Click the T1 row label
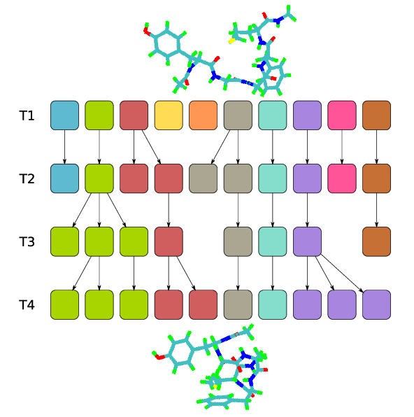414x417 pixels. click(x=27, y=115)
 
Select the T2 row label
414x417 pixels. click(x=27, y=178)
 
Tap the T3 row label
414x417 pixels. click(x=27, y=242)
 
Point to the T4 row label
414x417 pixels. click(x=27, y=305)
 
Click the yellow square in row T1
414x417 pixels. click(x=169, y=115)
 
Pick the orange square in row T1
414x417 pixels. click(x=203, y=115)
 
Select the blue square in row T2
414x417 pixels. click(x=64, y=178)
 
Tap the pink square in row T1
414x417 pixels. click(x=342, y=115)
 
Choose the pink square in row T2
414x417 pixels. click(x=342, y=178)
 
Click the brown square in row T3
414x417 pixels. click(x=376, y=242)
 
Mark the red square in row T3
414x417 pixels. click(x=169, y=242)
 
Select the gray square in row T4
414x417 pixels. click(x=238, y=305)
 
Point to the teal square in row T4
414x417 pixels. click(x=273, y=305)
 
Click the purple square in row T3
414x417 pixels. click(x=308, y=242)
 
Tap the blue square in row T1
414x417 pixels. click(x=64, y=115)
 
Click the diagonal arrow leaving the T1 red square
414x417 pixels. click(x=151, y=147)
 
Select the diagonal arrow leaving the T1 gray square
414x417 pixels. click(x=220, y=147)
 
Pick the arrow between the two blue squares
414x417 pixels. click(x=64, y=147)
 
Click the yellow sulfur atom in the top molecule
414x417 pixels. click(x=232, y=41)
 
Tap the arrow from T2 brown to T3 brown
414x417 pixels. click(x=376, y=210)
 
